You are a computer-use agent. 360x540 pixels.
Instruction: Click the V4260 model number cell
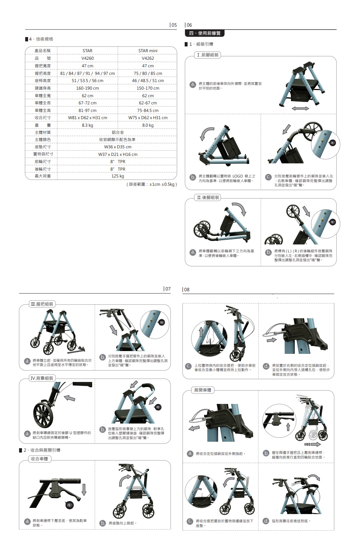(87, 58)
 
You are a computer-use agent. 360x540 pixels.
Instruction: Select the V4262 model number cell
(148, 58)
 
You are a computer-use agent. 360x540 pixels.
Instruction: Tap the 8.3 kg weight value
(87, 125)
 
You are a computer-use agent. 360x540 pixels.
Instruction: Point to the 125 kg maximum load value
(117, 176)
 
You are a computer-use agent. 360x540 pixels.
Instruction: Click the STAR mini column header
(148, 51)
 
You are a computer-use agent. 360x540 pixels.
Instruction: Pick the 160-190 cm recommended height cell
(87, 88)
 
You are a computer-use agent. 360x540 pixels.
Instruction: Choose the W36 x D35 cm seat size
(117, 147)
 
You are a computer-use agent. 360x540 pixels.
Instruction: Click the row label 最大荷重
(42, 176)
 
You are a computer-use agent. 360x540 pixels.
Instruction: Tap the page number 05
(174, 25)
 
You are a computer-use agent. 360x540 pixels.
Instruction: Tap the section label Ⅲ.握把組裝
(42, 304)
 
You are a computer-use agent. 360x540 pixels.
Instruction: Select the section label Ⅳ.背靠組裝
(42, 378)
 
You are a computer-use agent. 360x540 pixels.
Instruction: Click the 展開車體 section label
(203, 390)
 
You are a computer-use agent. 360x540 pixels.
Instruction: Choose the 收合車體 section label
(39, 459)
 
